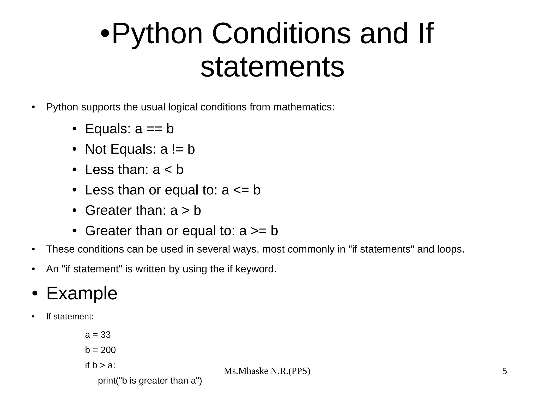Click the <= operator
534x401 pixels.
point(241,190)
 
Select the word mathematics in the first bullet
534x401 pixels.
point(304,107)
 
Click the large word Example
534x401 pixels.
point(82,293)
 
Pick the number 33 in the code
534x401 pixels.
point(106,335)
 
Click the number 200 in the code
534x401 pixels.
point(108,350)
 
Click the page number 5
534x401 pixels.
point(505,371)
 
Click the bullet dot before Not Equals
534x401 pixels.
point(74,149)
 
